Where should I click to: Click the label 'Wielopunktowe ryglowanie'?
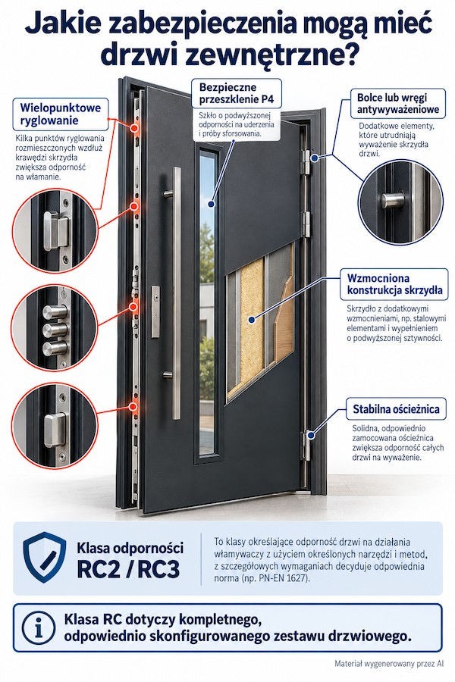pos(60,114)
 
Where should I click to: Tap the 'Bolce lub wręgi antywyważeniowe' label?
pos(398,103)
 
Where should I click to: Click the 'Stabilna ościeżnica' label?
pos(396,409)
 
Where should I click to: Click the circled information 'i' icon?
pos(39,628)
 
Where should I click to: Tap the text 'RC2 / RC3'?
pos(128,569)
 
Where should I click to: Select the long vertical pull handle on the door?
pos(176,293)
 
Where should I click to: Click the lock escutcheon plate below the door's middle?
pos(155,311)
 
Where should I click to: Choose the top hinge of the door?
pos(308,163)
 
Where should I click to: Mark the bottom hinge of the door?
pos(308,446)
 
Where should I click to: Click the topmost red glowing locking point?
pos(134,128)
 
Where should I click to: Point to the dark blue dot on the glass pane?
pos(211,204)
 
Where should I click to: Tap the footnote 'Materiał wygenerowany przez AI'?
pos(389,664)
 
